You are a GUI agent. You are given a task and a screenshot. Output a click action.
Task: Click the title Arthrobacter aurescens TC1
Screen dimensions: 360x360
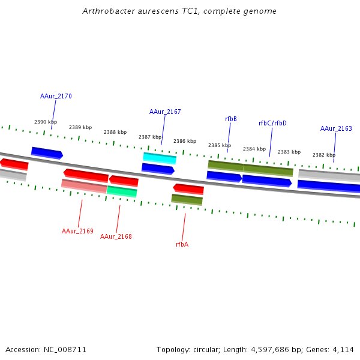[x=179, y=11]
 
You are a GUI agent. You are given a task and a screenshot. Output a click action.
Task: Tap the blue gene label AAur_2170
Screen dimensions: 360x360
[x=56, y=96]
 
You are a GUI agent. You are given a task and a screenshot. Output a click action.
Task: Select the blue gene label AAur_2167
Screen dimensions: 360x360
[x=165, y=112]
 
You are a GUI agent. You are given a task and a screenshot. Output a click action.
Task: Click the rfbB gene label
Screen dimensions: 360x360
[x=231, y=119]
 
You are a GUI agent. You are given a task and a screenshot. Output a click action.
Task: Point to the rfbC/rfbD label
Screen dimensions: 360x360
[x=272, y=123]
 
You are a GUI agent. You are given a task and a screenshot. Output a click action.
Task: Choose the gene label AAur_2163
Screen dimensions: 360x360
[x=336, y=128]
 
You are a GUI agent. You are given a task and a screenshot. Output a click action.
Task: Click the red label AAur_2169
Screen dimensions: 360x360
[x=77, y=231]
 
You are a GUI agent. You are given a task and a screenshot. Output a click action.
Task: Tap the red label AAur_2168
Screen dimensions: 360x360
[x=116, y=236]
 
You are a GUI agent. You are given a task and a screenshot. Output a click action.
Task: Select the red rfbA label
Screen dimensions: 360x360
[x=182, y=244]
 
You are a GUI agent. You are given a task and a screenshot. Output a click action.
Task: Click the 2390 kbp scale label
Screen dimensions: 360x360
[x=46, y=122]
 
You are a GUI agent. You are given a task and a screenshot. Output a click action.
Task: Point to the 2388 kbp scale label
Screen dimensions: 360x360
[x=115, y=132]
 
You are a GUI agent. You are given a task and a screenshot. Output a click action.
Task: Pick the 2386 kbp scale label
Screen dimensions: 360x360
[x=185, y=142]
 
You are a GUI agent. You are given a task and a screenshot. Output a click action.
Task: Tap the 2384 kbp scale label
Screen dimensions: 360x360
[x=254, y=149]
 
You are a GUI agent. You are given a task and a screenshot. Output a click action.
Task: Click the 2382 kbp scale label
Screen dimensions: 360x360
[x=324, y=155]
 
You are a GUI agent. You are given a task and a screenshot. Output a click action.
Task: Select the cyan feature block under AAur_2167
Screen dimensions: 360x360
[x=160, y=158]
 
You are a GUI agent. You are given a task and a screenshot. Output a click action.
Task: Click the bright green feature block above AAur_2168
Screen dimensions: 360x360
[x=122, y=191]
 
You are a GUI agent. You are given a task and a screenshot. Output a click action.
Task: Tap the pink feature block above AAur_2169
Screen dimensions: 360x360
[x=84, y=185]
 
